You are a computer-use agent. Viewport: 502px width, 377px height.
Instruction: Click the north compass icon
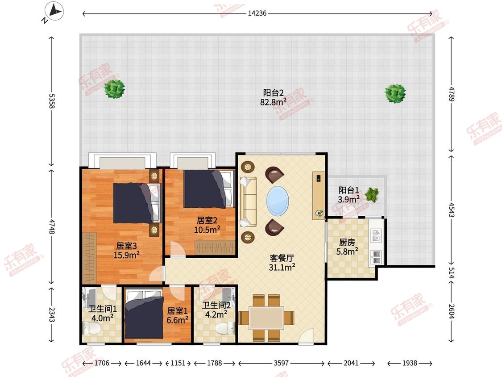click(54, 12)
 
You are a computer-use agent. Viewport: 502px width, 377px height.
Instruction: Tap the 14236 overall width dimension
click(257, 13)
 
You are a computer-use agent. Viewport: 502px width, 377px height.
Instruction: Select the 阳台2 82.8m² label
click(273, 97)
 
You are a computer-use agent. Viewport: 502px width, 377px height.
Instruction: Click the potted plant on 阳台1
click(372, 195)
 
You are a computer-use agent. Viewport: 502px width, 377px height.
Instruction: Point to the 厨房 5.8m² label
click(347, 247)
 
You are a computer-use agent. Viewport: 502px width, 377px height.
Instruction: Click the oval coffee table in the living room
click(278, 201)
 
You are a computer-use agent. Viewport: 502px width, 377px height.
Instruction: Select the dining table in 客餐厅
click(266, 318)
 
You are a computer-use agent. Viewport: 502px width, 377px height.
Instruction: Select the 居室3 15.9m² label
click(126, 251)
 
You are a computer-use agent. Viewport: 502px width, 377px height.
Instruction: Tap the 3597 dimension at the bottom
click(281, 363)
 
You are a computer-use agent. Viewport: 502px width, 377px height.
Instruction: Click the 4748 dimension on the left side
click(52, 226)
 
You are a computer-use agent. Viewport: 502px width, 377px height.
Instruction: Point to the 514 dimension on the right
click(452, 272)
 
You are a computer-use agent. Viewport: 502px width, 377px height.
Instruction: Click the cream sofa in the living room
click(248, 201)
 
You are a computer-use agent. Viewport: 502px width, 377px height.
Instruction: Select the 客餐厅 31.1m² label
click(282, 263)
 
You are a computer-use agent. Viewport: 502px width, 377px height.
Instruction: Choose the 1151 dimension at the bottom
click(178, 363)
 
